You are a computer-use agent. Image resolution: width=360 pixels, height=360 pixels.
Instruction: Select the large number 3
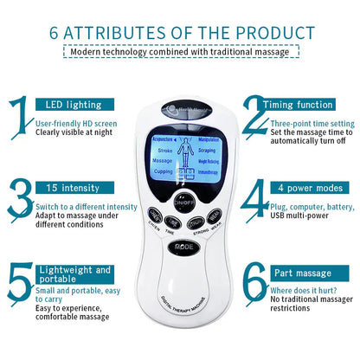tap(18, 201)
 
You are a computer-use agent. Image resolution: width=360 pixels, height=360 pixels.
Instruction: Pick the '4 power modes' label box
tap(309, 188)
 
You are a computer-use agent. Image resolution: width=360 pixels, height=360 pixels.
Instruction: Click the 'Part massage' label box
tap(309, 271)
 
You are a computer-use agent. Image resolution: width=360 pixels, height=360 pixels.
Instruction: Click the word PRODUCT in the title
tap(272, 33)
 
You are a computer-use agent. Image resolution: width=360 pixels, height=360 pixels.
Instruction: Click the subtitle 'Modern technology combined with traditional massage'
tap(179, 53)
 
